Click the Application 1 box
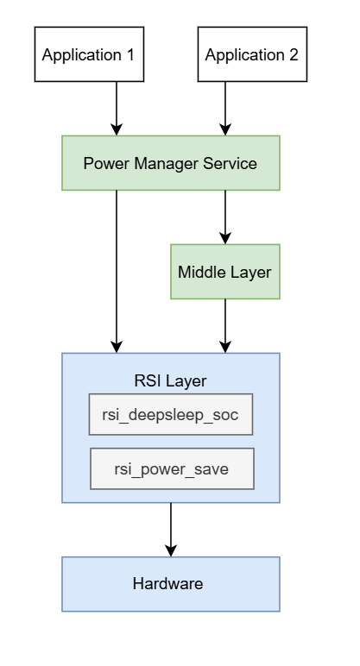pyautogui.click(x=88, y=55)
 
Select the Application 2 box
pyautogui.click(x=252, y=55)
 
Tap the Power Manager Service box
pyautogui.click(x=170, y=163)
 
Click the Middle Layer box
pyautogui.click(x=224, y=272)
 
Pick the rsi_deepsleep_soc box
pyautogui.click(x=170, y=415)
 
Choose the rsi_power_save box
pyautogui.click(x=172, y=468)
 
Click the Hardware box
pyautogui.click(x=170, y=584)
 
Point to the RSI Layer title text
pyautogui.click(x=171, y=380)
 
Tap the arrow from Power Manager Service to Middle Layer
pyautogui.click(x=225, y=217)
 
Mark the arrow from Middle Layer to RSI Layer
pyautogui.click(x=225, y=325)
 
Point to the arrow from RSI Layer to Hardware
pyautogui.click(x=171, y=529)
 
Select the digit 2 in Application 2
pyautogui.click(x=294, y=55)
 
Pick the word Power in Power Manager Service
pyautogui.click(x=102, y=163)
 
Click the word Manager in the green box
pyautogui.click(x=166, y=163)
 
